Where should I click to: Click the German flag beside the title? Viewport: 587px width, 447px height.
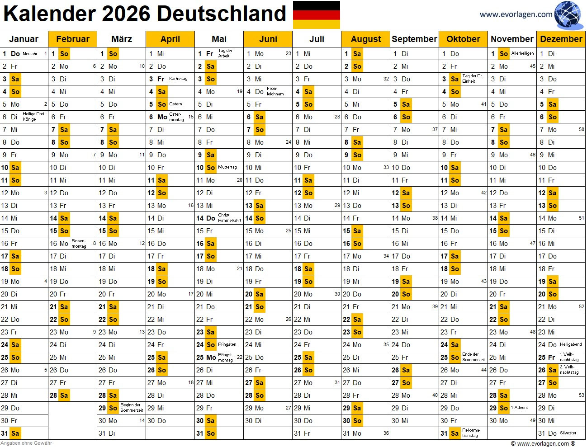[317, 15]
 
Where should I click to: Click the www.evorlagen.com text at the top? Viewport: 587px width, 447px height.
[516, 14]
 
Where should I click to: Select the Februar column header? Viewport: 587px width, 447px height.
[73, 39]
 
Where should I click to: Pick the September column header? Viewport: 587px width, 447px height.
[414, 39]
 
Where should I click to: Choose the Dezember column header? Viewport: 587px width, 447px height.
[561, 39]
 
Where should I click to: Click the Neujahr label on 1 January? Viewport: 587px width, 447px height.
[30, 54]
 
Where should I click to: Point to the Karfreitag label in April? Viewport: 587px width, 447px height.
[178, 79]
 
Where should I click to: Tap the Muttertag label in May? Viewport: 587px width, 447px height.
[227, 167]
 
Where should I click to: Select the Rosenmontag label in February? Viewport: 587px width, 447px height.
[79, 244]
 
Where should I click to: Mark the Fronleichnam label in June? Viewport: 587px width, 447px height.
[275, 91]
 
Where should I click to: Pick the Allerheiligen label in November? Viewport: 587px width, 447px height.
[522, 53]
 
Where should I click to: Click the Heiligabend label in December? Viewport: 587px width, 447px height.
[571, 344]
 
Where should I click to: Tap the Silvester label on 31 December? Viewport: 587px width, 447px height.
[568, 433]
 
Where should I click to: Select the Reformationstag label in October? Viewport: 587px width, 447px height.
[471, 433]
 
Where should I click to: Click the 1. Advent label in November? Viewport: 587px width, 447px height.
[520, 408]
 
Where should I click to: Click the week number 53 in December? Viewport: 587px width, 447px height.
[581, 395]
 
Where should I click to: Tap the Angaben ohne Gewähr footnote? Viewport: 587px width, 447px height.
[26, 443]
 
